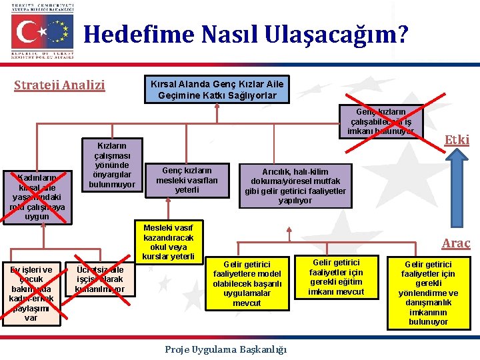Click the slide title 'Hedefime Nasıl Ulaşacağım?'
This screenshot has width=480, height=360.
[246, 34]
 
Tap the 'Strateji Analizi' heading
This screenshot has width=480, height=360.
[60, 85]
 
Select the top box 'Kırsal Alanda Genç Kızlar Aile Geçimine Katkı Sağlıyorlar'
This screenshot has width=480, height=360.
[217, 90]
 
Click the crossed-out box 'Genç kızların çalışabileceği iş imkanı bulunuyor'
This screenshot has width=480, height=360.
[381, 121]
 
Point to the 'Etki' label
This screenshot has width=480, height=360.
[457, 139]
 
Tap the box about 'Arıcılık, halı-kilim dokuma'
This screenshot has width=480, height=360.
[296, 186]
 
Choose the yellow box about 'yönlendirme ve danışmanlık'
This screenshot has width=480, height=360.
[428, 293]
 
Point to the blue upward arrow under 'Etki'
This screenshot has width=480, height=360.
[457, 177]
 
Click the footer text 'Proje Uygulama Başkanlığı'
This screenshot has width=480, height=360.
[225, 349]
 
